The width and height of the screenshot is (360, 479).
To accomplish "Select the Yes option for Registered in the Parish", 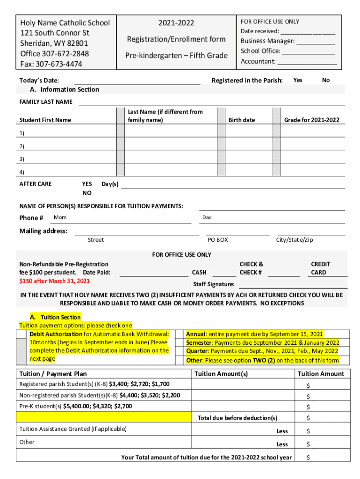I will tap(297, 80).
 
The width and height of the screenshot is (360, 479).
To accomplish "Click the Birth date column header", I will tap(242, 120).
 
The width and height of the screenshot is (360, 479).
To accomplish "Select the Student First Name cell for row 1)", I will tap(70, 133).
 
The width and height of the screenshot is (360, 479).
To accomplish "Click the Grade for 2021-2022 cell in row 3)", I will tap(312, 159).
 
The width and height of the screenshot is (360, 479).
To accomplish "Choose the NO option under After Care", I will tap(87, 193).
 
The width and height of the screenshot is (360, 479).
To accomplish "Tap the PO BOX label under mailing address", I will tap(218, 240).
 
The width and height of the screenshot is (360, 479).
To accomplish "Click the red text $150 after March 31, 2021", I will tap(54, 281).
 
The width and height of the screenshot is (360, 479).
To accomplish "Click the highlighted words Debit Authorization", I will tap(56, 334).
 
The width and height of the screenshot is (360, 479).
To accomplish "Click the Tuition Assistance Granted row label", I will tap(73, 429).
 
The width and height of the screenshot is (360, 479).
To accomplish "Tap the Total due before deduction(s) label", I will tap(238, 418).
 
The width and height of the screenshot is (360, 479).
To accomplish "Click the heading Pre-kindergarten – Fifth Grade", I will tap(176, 56).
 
